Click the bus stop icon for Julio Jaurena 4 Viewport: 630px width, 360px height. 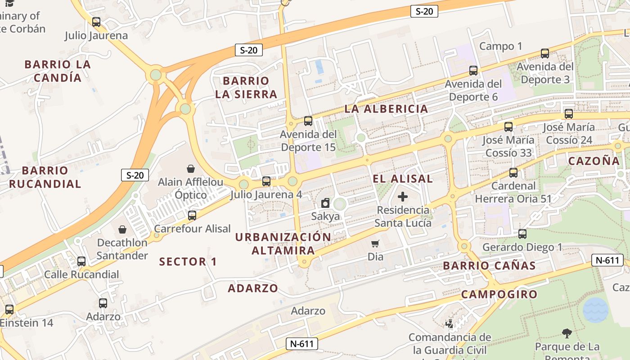266,181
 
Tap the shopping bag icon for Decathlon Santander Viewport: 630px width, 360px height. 122,229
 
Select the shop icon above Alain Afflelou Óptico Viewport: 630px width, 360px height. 191,169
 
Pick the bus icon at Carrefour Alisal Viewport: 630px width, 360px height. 192,216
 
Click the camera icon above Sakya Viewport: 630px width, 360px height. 325,203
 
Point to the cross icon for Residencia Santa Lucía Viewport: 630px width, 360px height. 403,197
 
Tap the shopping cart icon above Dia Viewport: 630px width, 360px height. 375,243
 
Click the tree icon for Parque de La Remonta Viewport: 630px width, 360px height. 567,333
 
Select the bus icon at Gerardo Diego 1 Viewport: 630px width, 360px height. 522,234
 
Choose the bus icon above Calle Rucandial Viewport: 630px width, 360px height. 81,261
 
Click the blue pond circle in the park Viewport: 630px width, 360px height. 595,310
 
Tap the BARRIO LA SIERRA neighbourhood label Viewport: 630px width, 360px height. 246,87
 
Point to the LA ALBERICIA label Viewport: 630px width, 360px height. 387,108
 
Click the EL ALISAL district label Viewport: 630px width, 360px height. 403,179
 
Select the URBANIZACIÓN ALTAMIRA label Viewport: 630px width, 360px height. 283,243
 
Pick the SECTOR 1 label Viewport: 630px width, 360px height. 188,261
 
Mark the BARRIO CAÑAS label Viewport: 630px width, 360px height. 490,265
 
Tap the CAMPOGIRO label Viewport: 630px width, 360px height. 499,294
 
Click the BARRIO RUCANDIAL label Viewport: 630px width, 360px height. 45,177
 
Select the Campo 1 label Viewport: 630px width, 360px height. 501,46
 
